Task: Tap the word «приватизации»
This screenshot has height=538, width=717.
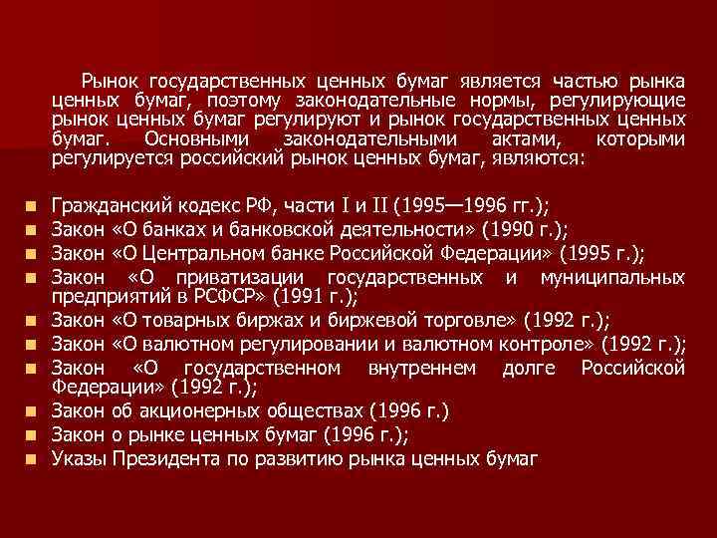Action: coord(238,275)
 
